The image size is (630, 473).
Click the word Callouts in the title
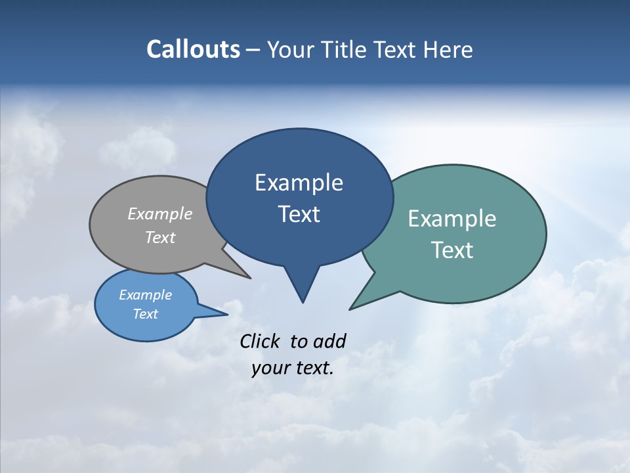[x=193, y=49]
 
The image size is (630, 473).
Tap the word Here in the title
[x=448, y=49]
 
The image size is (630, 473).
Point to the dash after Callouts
[x=253, y=50]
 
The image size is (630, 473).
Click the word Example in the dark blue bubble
[x=299, y=183]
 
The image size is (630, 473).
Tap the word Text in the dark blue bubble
[x=299, y=214]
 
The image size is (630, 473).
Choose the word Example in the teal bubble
[x=452, y=219]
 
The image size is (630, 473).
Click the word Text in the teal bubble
[x=452, y=250]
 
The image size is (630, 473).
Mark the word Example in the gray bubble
[x=160, y=214]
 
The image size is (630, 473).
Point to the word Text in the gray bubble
[x=160, y=237]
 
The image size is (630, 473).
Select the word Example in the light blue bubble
[x=145, y=295]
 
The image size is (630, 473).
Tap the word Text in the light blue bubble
[x=145, y=314]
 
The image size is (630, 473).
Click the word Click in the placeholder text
[x=259, y=341]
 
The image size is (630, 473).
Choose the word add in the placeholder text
[x=329, y=341]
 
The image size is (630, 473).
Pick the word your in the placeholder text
[x=270, y=369]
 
